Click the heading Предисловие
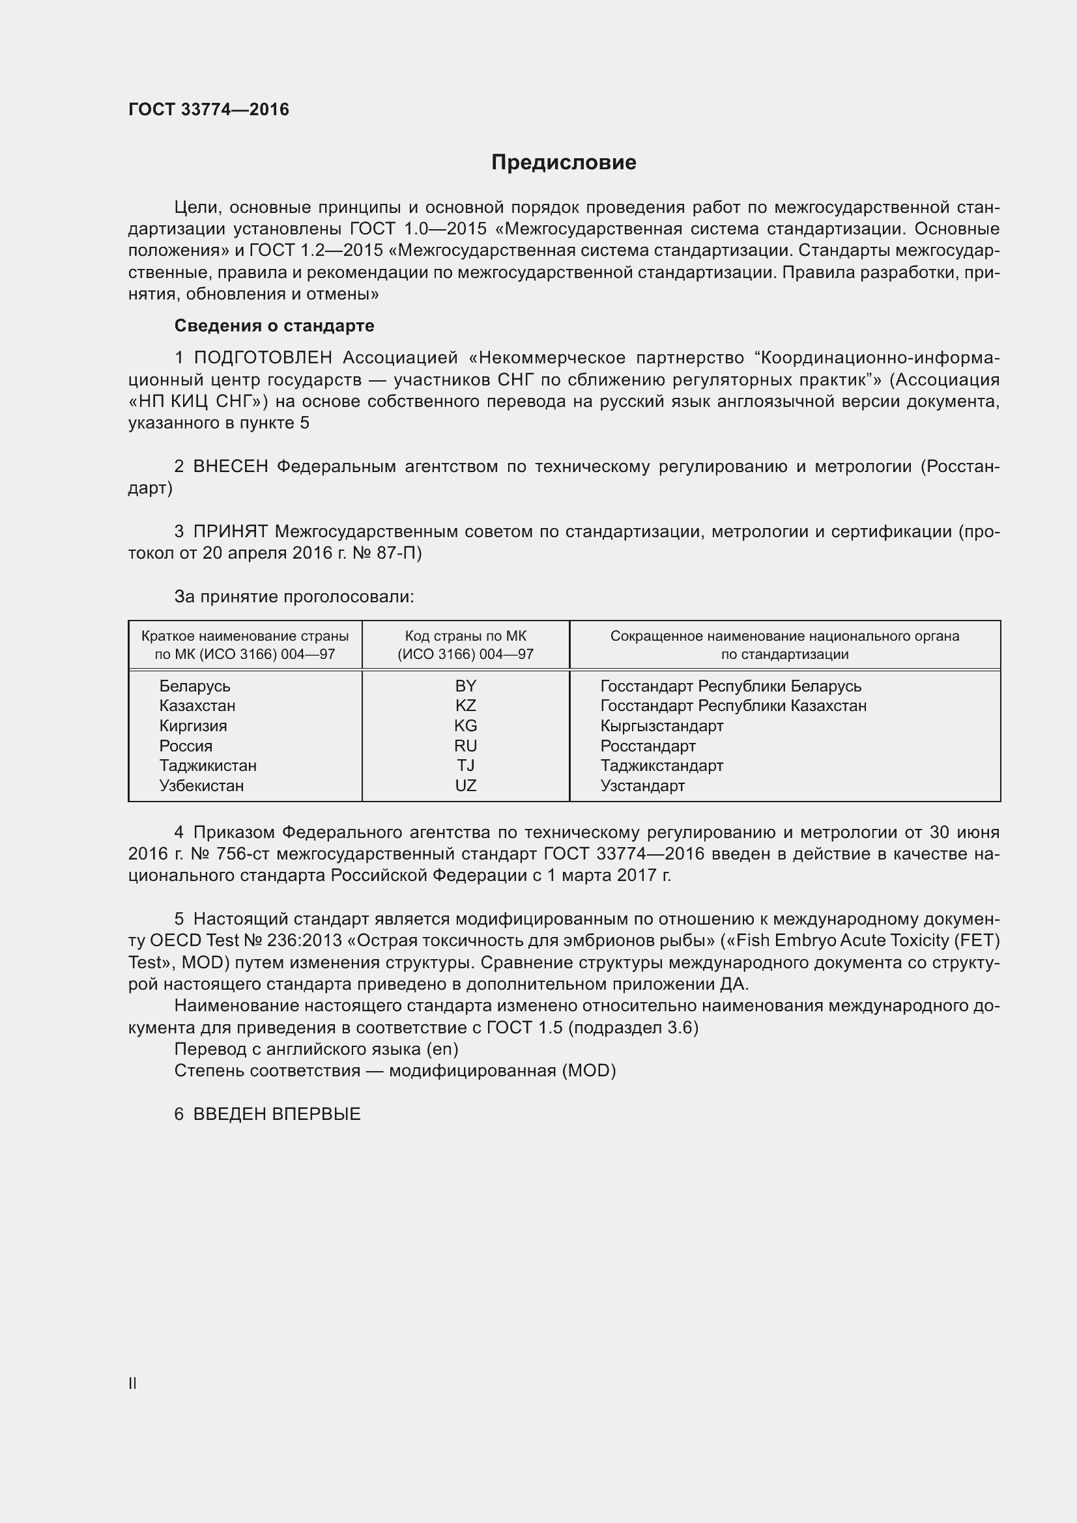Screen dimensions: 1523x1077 click(x=564, y=162)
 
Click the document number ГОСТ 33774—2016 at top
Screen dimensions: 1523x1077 click(x=209, y=109)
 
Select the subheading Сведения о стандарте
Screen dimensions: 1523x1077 click(x=274, y=326)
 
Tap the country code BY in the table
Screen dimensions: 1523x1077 click(x=465, y=686)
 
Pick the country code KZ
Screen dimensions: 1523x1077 click(x=465, y=706)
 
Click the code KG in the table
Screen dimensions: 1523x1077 click(x=465, y=725)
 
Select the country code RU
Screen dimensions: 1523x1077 click(x=465, y=746)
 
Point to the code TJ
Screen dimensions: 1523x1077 click(x=465, y=766)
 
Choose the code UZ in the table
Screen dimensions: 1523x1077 click(x=465, y=785)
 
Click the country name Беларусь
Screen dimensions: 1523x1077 click(x=194, y=686)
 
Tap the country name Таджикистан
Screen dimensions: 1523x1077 click(x=208, y=766)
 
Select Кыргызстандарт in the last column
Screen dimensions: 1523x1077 click(x=661, y=725)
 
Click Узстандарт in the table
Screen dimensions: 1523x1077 click(x=642, y=785)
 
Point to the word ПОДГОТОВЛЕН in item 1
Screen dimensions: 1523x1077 click(x=263, y=358)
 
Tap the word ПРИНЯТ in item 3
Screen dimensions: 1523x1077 click(x=230, y=531)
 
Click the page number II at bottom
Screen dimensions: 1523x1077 click(x=133, y=1383)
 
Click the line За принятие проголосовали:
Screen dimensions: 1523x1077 click(x=294, y=597)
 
